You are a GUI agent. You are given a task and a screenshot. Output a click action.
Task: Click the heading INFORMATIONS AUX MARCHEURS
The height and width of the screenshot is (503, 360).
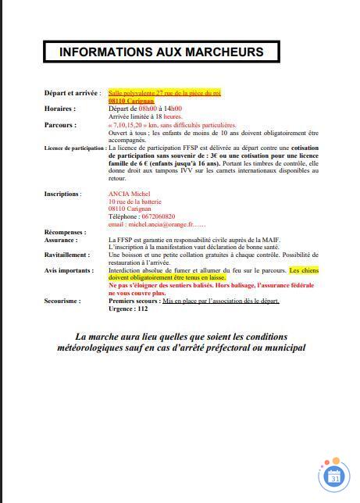[x=162, y=52]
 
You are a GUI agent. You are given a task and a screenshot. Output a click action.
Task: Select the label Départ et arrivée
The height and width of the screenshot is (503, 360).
[x=73, y=93]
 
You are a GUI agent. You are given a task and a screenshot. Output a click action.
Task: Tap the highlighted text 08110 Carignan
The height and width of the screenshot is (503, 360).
[x=131, y=101]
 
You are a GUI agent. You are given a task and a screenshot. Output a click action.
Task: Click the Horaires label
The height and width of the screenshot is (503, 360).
[x=60, y=109]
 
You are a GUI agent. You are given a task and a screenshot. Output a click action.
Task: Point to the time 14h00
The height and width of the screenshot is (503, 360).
[x=173, y=109]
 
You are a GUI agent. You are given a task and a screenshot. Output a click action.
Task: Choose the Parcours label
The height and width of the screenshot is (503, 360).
[x=60, y=125]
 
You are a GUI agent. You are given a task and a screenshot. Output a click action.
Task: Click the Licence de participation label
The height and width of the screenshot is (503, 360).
[x=75, y=148]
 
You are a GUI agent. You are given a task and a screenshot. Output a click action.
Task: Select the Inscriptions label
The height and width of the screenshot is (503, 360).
[x=62, y=194]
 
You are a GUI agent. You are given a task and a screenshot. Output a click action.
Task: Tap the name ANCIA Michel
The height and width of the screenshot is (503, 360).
[x=130, y=194]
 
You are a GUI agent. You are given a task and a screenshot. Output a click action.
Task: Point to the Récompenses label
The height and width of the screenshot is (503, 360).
[x=65, y=232]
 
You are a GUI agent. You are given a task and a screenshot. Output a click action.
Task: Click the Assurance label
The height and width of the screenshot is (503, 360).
[x=60, y=240]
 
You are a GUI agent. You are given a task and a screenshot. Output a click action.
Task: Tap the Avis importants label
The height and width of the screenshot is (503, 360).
[x=68, y=270]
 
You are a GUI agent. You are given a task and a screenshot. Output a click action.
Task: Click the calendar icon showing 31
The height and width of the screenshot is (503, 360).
[x=335, y=475]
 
